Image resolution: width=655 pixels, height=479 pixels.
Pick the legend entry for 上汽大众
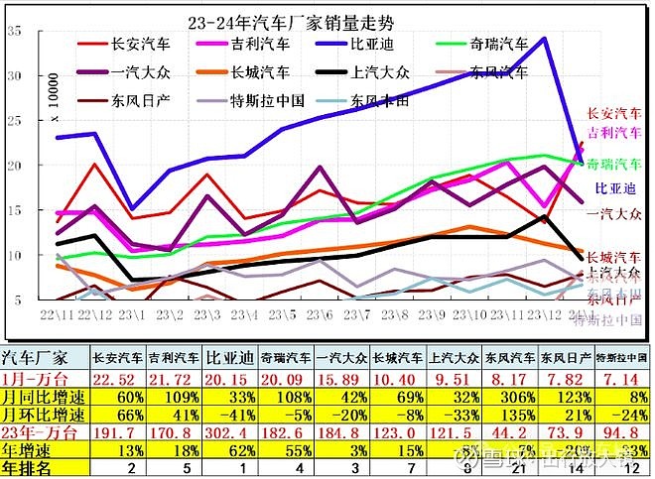click(381, 72)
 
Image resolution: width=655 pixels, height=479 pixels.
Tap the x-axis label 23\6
click(320, 314)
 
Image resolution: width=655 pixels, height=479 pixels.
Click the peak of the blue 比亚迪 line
click(545, 39)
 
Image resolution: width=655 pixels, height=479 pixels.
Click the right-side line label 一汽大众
click(614, 213)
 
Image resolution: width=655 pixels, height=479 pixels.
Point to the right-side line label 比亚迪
click(614, 187)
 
